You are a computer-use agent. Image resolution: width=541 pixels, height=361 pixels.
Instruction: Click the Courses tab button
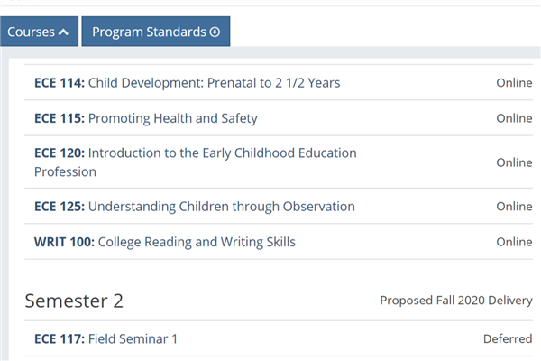coord(39,32)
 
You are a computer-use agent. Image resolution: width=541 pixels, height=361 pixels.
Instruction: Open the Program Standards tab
coord(156,32)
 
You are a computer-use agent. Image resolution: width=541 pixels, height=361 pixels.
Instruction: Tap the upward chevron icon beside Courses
coord(63,32)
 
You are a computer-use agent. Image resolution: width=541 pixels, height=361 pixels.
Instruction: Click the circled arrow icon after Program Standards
coord(215,32)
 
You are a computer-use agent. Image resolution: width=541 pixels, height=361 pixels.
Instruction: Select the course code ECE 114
coord(60,83)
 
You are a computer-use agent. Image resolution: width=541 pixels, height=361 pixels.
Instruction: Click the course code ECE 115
coord(60,118)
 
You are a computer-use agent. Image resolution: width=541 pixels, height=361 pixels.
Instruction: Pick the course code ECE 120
coord(60,153)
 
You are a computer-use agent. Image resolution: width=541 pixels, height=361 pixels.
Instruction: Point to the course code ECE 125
coord(60,207)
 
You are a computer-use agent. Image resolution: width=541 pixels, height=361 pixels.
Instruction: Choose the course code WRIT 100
coord(64,242)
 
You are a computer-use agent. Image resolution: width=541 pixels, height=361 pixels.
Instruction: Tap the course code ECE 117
coord(60,339)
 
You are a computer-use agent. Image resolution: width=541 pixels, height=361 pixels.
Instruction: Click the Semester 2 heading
coord(74,301)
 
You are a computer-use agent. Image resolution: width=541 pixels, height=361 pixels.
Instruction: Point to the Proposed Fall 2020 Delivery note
coord(456,301)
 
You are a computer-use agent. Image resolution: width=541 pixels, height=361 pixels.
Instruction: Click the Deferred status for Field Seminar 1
coord(508,339)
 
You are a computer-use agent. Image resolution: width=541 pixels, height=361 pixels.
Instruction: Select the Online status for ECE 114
coord(514,83)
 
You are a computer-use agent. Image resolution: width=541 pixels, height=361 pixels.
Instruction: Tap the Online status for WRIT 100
coord(514,242)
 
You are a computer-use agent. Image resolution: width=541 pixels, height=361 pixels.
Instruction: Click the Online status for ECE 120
coord(514,162)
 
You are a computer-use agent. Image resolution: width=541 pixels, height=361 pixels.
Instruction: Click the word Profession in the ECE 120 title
coord(65,171)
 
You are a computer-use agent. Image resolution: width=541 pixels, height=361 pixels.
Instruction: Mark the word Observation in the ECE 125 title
coord(319,207)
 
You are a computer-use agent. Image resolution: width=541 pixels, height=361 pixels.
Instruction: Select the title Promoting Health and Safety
coord(173,118)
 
